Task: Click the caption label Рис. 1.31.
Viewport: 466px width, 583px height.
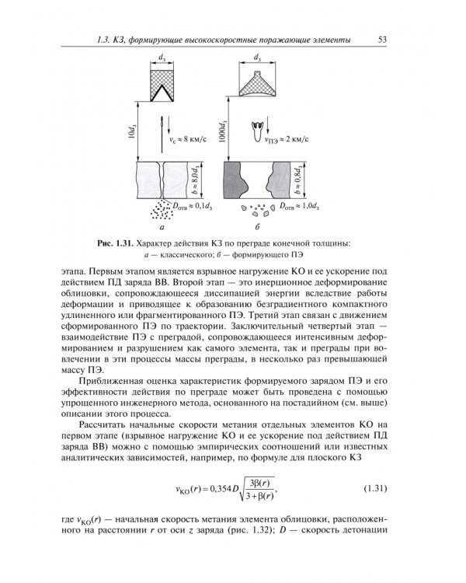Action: pos(121,243)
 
